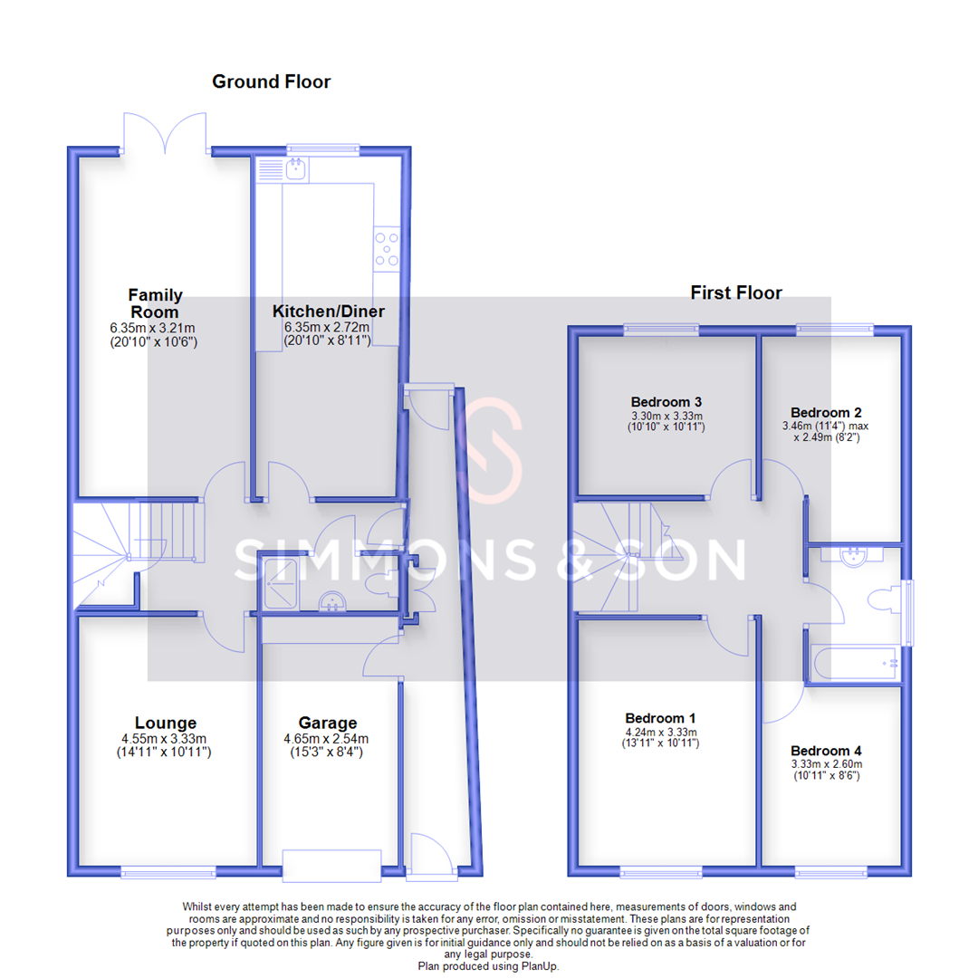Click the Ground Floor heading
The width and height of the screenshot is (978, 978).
point(271,82)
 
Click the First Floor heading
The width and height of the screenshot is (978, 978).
point(735,292)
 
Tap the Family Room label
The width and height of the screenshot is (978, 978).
point(155,302)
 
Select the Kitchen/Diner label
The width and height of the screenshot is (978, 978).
point(328,312)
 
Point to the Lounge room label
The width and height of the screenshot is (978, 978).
point(166,723)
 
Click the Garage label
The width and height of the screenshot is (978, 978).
point(327,723)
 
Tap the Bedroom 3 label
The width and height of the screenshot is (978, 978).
point(666,401)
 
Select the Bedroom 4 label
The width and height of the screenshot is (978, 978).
point(827,751)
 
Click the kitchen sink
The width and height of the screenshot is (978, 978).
point(294,168)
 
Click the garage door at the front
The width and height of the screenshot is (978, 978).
point(331,865)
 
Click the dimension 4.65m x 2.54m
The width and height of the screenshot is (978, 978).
point(327,738)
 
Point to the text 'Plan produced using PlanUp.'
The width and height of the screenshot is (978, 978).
point(489,966)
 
